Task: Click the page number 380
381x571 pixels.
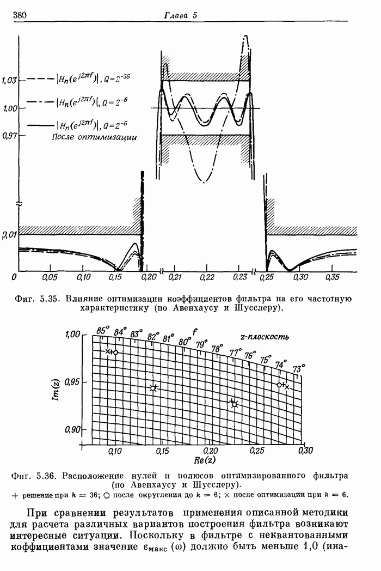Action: tap(20, 15)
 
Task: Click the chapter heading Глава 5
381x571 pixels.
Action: tap(180, 15)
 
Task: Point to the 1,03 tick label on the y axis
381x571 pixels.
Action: tap(9, 81)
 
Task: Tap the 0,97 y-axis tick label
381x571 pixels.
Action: tap(9, 135)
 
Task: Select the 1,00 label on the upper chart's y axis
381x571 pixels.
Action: tap(10, 108)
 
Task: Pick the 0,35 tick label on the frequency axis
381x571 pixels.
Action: tap(332, 278)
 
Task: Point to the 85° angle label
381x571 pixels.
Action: tap(102, 330)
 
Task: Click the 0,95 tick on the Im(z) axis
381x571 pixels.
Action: tap(72, 382)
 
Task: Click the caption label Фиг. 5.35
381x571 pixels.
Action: tap(43, 298)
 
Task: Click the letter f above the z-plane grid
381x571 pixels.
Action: tap(194, 330)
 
